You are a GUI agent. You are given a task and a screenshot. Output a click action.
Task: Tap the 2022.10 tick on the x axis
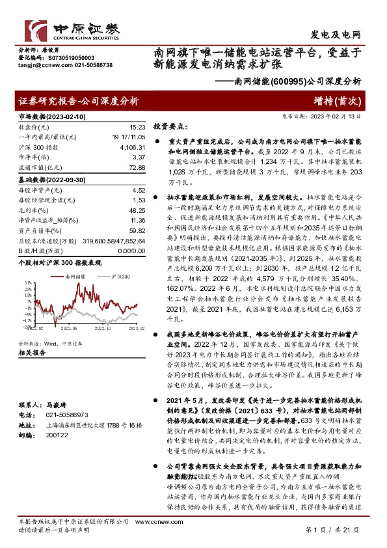(x=101, y=329)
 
